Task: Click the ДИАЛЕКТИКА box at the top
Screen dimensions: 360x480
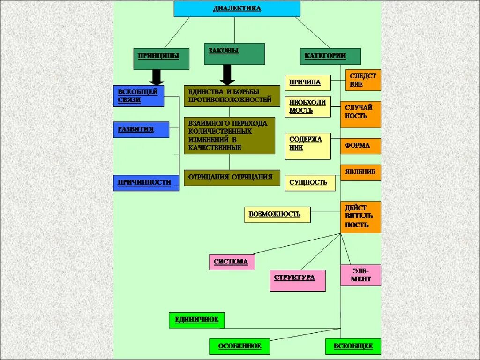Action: coord(237,9)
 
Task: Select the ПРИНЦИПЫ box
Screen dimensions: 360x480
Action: coord(161,59)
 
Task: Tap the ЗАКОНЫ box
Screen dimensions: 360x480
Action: coord(234,53)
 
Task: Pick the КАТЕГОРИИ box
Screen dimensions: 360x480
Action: coord(330,56)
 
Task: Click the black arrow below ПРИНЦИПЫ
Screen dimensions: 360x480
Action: coord(156,77)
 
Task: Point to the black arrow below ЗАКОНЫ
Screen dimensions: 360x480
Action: coord(227,75)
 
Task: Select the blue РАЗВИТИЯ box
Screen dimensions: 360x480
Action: coord(141,129)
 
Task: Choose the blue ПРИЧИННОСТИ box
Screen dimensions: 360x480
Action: coord(146,183)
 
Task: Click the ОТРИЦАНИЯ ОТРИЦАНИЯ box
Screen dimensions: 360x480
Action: coord(232,178)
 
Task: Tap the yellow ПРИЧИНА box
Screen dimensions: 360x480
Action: coord(307,82)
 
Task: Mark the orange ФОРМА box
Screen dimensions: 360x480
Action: coord(360,146)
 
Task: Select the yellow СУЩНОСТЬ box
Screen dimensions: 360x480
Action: coord(310,183)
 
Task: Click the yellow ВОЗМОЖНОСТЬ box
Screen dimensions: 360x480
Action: coord(277,214)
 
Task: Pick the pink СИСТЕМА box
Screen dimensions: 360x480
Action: coord(232,262)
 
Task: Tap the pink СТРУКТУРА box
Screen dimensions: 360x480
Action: coord(297,280)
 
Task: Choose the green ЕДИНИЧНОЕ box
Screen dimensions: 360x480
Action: coord(196,320)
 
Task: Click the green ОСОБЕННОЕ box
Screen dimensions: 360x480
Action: coord(239,346)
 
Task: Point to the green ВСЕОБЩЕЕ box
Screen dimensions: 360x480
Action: coord(353,346)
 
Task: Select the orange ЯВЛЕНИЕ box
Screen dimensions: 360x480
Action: coord(360,172)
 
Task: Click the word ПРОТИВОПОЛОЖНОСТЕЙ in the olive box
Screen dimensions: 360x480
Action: coord(230,100)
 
